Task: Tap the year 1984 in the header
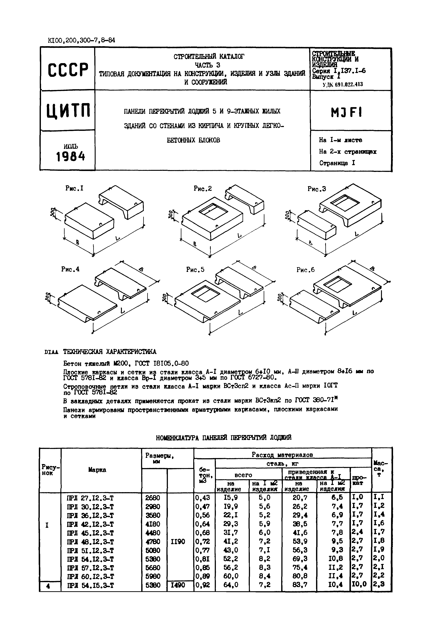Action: click(x=70, y=156)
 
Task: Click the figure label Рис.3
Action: click(x=317, y=189)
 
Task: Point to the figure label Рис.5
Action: click(x=195, y=269)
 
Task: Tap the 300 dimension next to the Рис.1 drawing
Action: click(x=52, y=213)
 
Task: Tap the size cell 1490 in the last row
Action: click(x=178, y=585)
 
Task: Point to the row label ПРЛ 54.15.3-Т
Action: click(x=90, y=585)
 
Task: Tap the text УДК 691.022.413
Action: click(x=343, y=84)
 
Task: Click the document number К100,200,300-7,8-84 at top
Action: click(x=81, y=41)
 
